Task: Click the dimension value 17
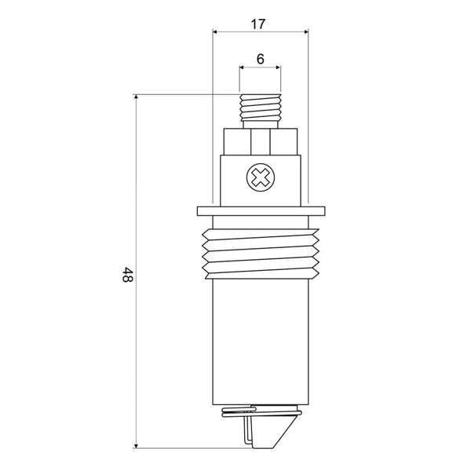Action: point(257,24)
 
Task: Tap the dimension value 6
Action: point(260,59)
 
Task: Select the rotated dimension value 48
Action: point(126,276)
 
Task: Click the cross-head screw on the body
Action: point(260,177)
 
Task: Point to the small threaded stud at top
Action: point(260,105)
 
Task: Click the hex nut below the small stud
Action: point(260,142)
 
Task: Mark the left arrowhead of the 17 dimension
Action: point(217,32)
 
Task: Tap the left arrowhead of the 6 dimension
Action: point(243,68)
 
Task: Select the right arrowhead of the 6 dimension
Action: point(277,68)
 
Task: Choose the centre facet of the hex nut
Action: point(260,143)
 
